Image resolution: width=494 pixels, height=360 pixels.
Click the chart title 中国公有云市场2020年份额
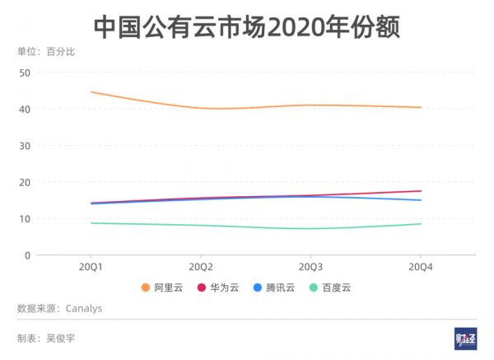(246, 26)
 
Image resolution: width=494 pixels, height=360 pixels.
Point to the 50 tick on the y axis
(25, 72)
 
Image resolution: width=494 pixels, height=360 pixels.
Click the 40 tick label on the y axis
(25, 109)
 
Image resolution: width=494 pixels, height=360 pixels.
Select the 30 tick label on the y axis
(25, 146)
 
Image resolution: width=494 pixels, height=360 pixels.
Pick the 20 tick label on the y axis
(25, 182)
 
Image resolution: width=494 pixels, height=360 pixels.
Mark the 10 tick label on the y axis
(25, 219)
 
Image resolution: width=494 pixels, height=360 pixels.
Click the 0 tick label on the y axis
(27, 255)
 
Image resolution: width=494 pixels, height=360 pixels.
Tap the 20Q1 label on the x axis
(91, 268)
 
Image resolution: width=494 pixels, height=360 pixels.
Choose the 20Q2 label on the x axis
(201, 268)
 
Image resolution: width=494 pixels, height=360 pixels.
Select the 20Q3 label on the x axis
(310, 268)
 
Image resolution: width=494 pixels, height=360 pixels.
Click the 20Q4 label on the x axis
(421, 268)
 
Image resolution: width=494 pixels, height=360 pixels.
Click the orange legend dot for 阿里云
(146, 288)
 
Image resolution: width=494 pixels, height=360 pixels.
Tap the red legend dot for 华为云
(202, 288)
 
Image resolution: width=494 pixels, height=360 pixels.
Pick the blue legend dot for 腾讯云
(258, 288)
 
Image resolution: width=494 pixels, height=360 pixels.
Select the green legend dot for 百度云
(313, 288)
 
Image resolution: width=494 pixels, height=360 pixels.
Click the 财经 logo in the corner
(465, 339)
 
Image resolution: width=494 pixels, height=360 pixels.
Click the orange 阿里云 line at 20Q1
(91, 92)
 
